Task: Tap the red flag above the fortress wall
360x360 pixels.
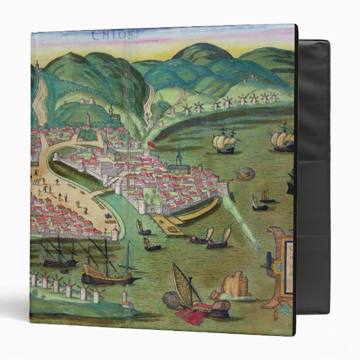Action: click(150, 145)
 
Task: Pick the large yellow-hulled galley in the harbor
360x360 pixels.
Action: click(106, 274)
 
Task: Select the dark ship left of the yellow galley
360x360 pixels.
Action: click(59, 257)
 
